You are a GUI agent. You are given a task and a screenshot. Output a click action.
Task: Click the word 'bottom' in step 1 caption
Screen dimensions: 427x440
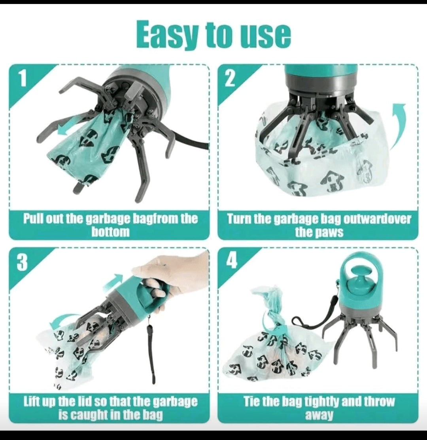coord(111,231)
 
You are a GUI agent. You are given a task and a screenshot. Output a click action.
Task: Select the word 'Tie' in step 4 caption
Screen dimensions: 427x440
coord(251,402)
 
